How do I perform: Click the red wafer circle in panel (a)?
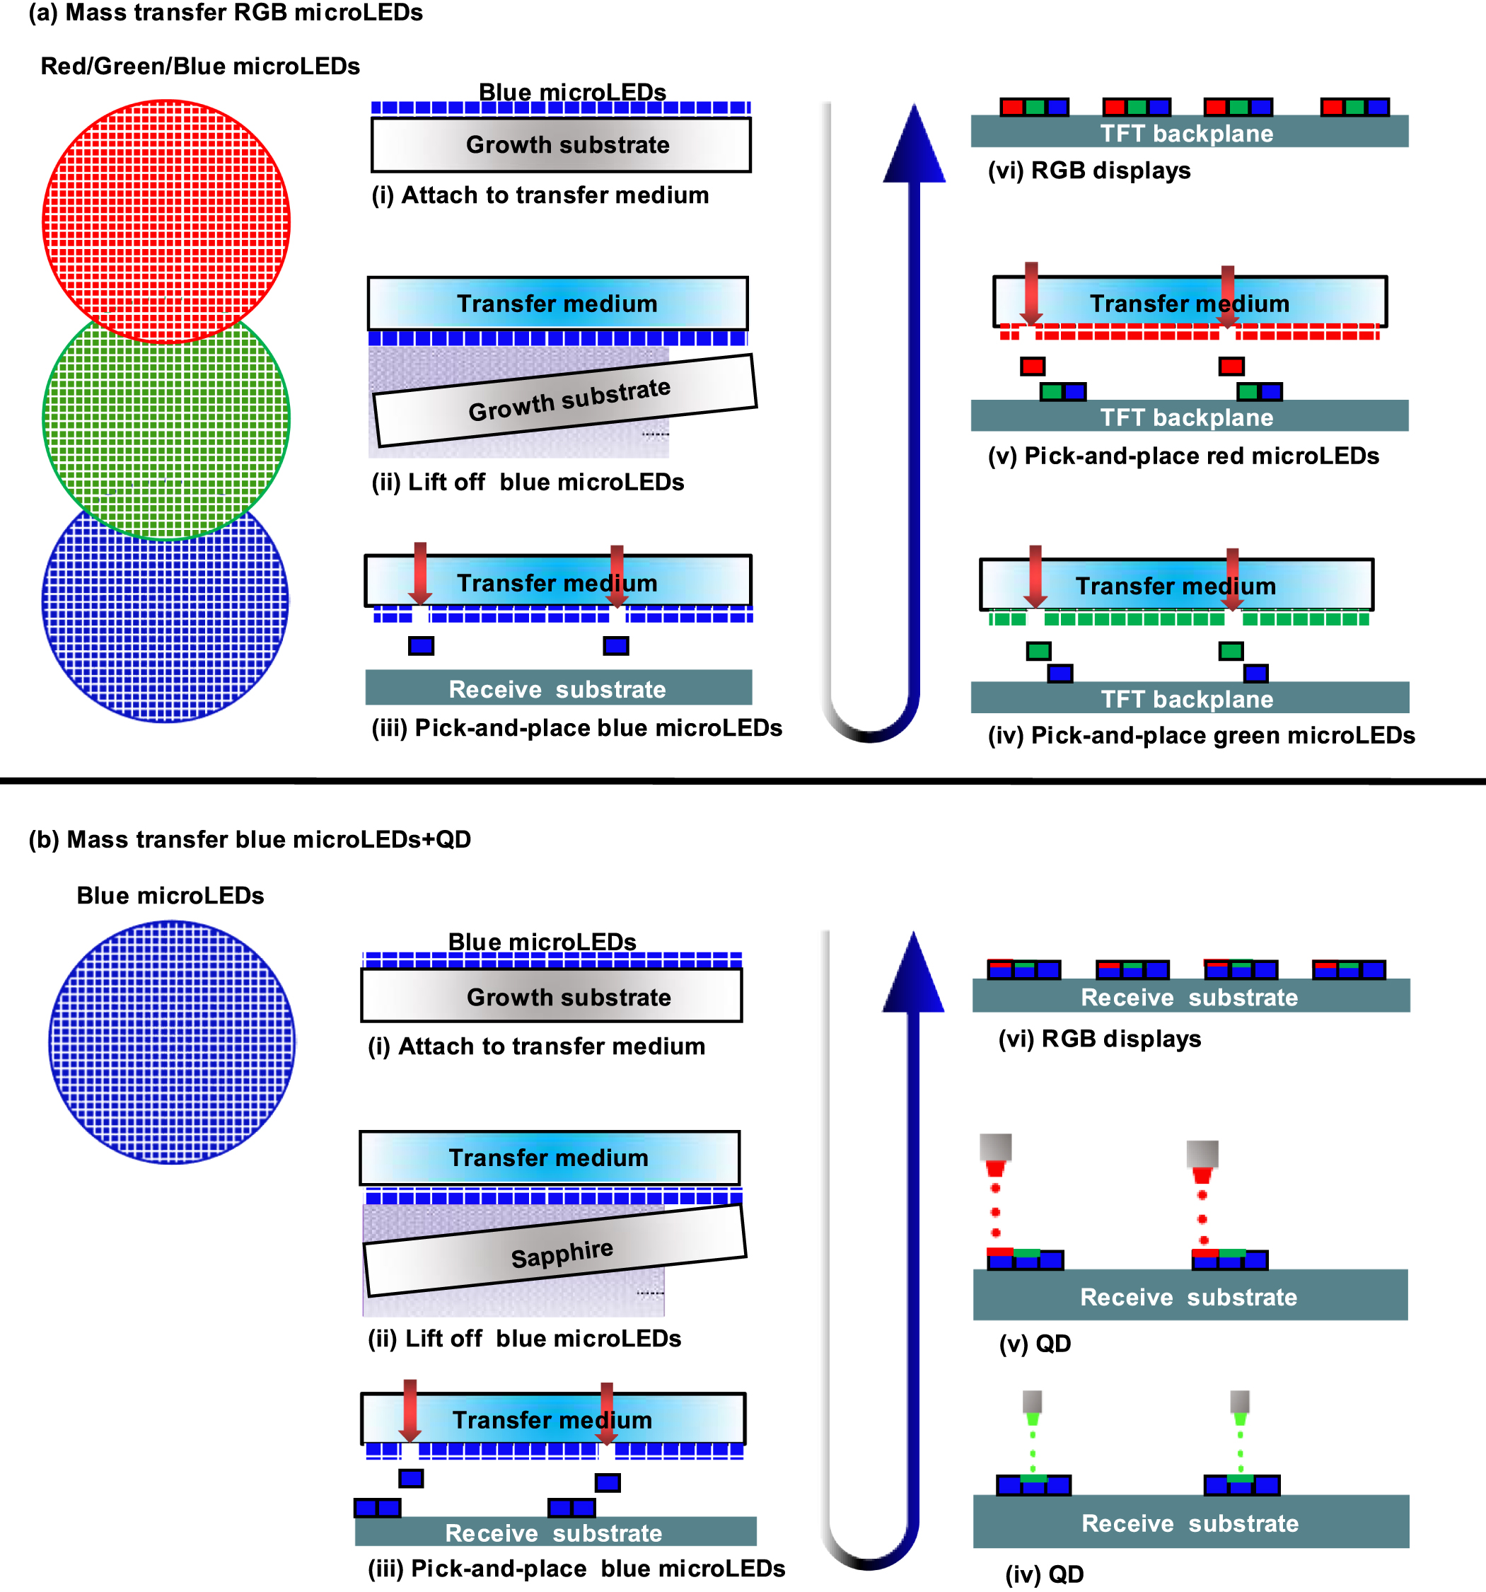coord(166,200)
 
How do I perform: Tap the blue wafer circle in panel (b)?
coord(171,1042)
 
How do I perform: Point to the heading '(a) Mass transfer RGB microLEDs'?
coord(226,13)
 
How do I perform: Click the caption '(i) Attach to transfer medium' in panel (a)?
coord(540,195)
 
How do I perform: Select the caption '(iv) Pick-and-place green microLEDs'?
coord(1201,735)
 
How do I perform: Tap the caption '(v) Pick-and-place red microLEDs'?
coord(1183,456)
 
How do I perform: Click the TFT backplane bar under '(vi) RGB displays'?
coord(1189,132)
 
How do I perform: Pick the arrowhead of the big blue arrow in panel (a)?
coord(914,148)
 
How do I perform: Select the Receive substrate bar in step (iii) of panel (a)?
coord(558,688)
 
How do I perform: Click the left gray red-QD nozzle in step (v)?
coord(995,1147)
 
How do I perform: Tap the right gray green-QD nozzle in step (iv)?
coord(1239,1402)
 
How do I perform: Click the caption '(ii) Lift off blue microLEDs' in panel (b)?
coord(524,1338)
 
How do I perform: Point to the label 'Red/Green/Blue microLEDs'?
coord(200,67)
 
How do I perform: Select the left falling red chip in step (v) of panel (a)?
coord(1032,367)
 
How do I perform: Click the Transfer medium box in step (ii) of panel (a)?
coord(557,304)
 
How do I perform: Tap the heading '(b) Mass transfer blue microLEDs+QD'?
coord(250,839)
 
